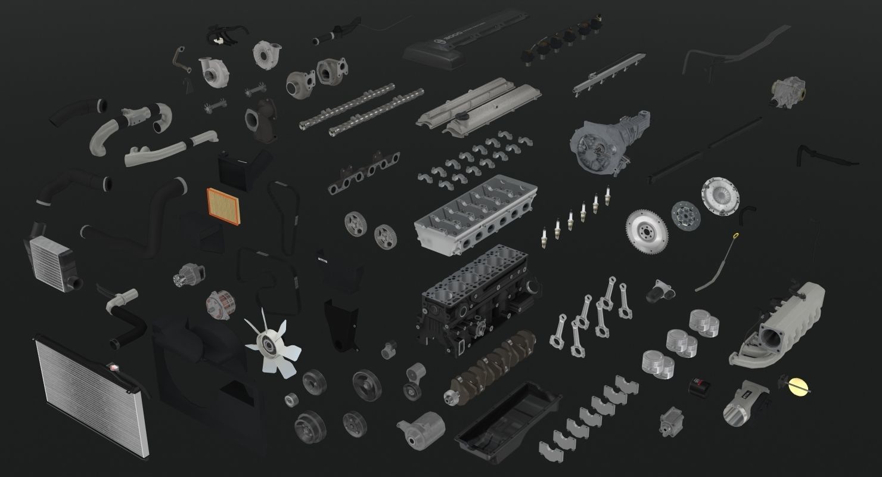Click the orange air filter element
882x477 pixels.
point(224,206)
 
